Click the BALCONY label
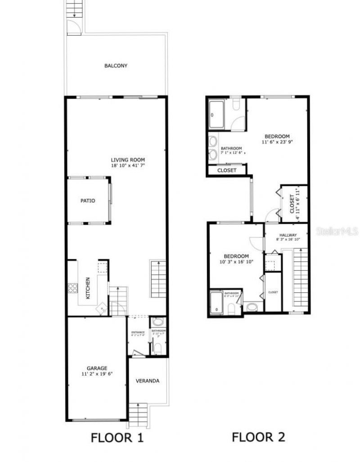coord(116,66)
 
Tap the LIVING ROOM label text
coord(128,160)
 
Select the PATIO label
coord(88,201)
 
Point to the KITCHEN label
coord(88,288)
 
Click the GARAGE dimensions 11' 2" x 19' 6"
coord(94,374)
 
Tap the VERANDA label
coord(148,381)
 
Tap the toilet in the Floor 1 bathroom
coord(158,348)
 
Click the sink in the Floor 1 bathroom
coord(157,322)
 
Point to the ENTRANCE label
coord(137,332)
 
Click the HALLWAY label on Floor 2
coord(288,235)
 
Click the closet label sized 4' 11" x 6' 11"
coord(293,203)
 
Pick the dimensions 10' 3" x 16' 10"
coord(236,262)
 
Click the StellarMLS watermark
coord(337,231)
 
